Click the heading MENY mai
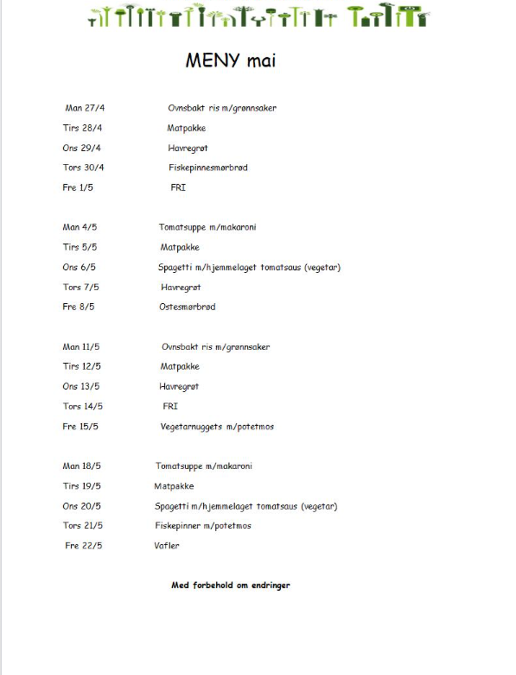pos(231,60)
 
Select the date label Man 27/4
pos(85,108)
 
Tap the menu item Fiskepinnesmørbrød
pos(208,168)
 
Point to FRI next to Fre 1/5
pos(178,188)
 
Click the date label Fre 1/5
pos(78,188)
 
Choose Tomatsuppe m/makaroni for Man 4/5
pos(207,227)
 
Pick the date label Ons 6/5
pos(79,267)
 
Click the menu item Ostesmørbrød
pos(187,307)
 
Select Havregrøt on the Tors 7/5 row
pos(181,287)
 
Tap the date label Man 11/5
pos(81,347)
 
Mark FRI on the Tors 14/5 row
pos(170,406)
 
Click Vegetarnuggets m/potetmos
pos(217,427)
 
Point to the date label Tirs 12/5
pos(82,366)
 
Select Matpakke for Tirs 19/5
pos(174,486)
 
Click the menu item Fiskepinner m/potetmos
pos(203,526)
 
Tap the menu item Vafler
pos(167,546)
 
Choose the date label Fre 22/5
pos(83,546)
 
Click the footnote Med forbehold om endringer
pos(231,585)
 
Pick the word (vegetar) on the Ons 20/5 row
pos(319,506)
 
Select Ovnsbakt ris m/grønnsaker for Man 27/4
pos(222,108)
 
